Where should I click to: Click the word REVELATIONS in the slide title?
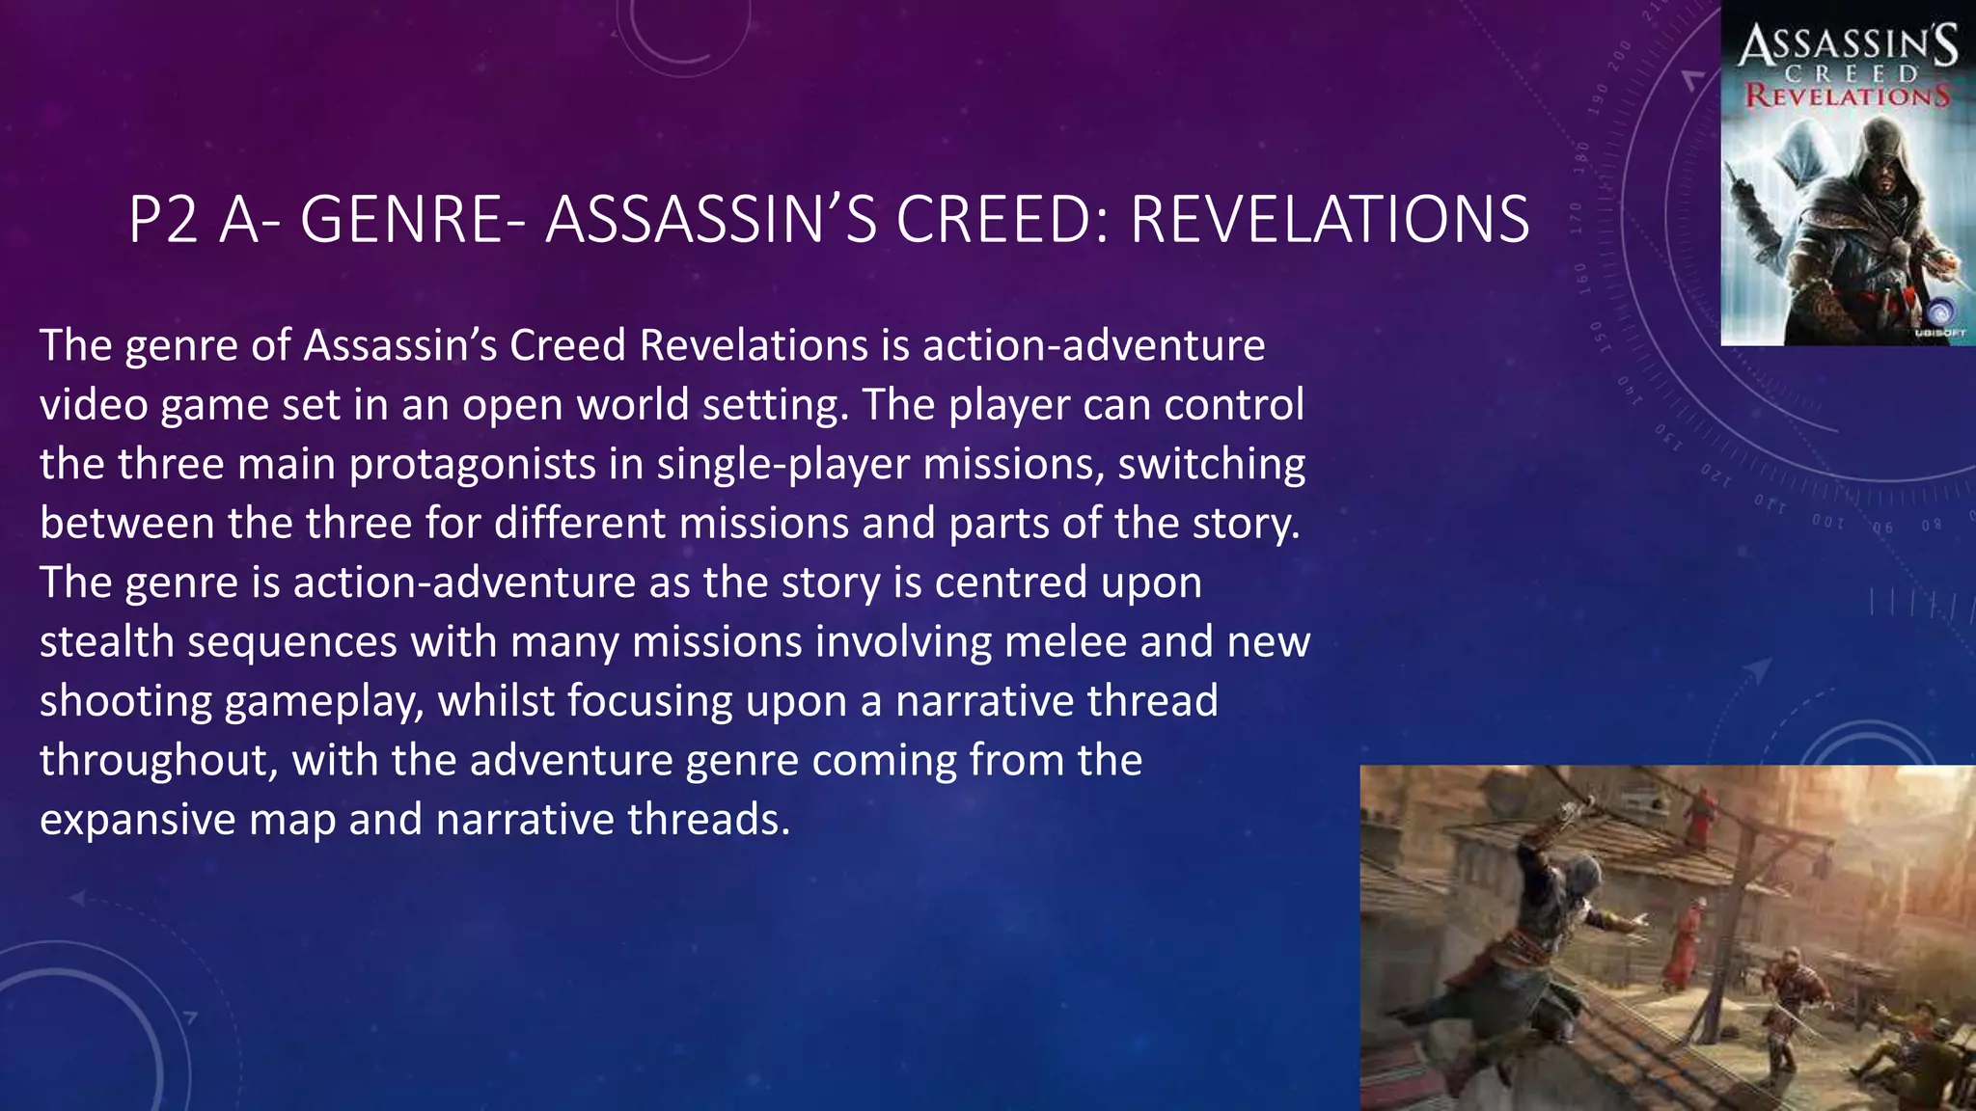[x=1330, y=220]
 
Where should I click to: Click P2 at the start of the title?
[x=163, y=220]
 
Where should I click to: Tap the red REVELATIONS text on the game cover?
[x=1847, y=96]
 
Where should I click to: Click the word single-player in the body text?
[x=783, y=465]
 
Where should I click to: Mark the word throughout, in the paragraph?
[x=158, y=761]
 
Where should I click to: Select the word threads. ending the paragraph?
[x=708, y=821]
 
